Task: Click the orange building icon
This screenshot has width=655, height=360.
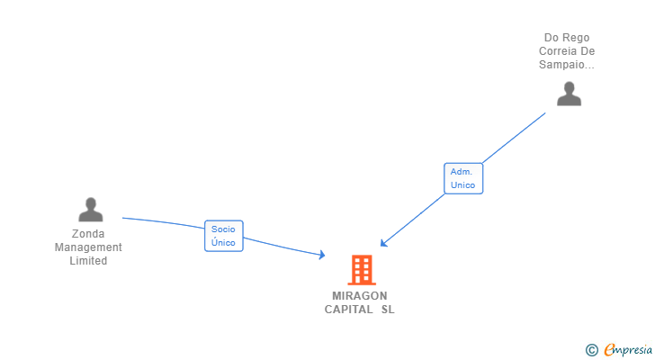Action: (361, 270)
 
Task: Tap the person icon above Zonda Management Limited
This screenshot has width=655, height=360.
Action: (90, 210)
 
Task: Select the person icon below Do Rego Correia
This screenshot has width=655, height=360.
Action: (569, 94)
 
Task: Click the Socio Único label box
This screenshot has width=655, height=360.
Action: (224, 236)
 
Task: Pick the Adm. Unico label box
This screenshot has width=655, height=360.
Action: (463, 178)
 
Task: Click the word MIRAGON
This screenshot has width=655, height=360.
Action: (359, 296)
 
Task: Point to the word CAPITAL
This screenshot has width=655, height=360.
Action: (348, 310)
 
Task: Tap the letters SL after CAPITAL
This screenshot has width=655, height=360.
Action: (388, 310)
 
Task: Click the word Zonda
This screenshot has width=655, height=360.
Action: (88, 234)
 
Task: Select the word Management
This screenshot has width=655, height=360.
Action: (88, 247)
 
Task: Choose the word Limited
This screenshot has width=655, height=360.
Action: (88, 261)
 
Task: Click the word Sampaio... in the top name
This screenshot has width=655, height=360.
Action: (567, 65)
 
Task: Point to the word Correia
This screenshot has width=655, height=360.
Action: (560, 51)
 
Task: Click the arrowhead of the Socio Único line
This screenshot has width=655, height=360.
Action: (322, 256)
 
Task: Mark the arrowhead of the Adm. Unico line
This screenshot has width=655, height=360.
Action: (383, 243)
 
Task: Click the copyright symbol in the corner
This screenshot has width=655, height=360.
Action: (591, 350)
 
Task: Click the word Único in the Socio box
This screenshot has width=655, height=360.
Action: (223, 243)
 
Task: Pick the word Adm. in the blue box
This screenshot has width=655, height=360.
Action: (462, 171)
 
